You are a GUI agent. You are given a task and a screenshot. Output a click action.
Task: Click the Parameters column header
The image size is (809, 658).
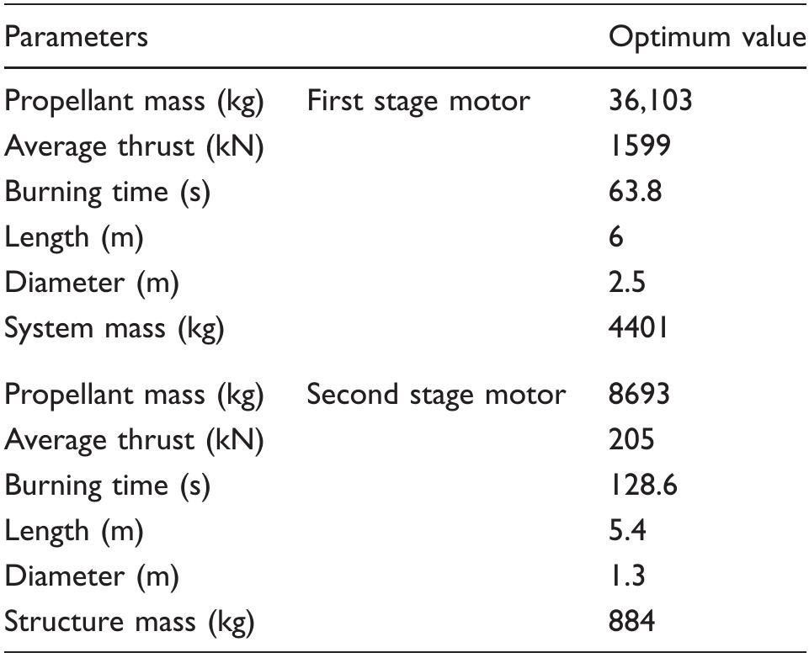[77, 37]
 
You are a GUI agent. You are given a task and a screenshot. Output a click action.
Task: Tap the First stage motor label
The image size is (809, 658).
[418, 101]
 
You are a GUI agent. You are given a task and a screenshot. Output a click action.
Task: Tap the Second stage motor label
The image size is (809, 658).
[436, 394]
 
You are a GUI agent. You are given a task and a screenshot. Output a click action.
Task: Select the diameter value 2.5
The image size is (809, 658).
[627, 283]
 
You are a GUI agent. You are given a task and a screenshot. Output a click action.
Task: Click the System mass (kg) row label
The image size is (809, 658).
[114, 328]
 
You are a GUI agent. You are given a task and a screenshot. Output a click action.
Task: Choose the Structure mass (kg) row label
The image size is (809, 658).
[130, 622]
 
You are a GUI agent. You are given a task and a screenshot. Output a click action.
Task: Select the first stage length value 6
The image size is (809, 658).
[616, 237]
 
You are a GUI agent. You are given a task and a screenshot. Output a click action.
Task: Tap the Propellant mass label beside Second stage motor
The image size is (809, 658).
[135, 394]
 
